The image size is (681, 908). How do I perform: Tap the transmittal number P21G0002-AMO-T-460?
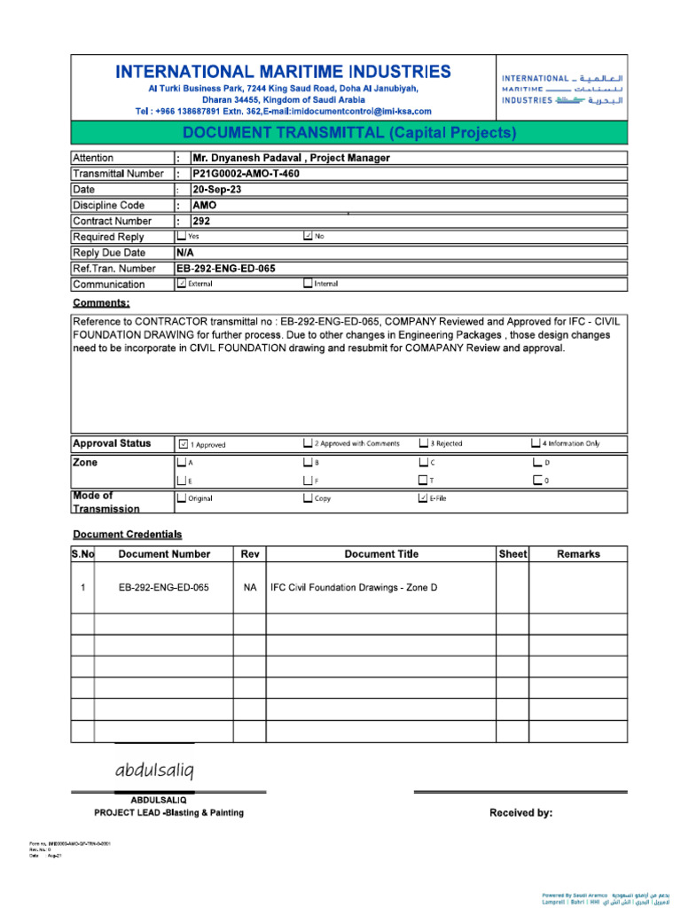point(247,174)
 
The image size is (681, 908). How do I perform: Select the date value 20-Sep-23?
point(217,190)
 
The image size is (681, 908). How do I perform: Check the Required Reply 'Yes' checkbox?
point(182,237)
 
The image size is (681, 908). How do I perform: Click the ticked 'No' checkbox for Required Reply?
point(308,237)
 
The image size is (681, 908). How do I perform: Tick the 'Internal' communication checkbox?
point(308,284)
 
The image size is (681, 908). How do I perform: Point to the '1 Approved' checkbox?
point(183,443)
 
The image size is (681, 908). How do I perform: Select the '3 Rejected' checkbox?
point(424,443)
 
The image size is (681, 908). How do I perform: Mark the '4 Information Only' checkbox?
point(536,443)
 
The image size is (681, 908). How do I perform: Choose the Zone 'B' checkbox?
point(308,463)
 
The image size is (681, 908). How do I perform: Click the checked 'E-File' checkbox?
point(423,498)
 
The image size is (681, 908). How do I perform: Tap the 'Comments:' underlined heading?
point(101,303)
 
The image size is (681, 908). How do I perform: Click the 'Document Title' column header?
point(381,554)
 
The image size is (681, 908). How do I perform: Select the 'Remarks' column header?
point(578,554)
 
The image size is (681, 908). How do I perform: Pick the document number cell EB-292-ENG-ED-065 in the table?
point(164,587)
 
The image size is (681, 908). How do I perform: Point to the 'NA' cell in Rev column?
point(250,587)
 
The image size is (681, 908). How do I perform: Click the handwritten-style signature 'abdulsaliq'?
point(153,768)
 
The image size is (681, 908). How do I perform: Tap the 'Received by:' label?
point(521,812)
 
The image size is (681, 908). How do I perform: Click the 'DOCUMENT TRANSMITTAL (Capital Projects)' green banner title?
point(349,134)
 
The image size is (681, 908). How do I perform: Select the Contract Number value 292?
point(202,221)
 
